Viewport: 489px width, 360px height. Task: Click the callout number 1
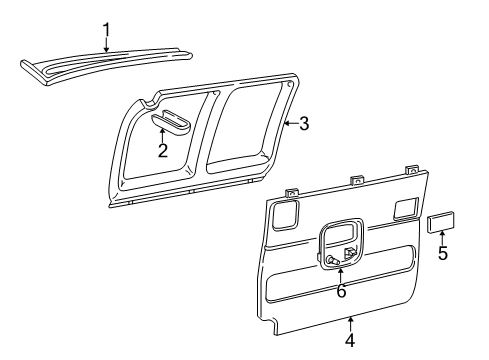pos(106,30)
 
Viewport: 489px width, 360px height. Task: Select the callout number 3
pos(304,124)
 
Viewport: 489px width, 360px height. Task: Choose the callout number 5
pos(442,252)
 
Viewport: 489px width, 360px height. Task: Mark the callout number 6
pos(341,290)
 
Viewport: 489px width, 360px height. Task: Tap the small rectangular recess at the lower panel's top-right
pos(405,207)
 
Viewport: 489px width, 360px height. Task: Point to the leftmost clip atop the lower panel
pos(292,192)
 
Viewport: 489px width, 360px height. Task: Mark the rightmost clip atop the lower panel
pos(410,170)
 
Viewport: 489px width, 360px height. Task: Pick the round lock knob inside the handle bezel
pos(330,260)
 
